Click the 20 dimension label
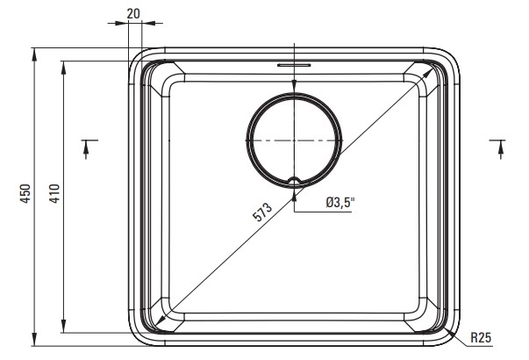[133, 13]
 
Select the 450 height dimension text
[25, 193]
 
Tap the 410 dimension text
[54, 193]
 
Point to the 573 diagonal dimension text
[262, 212]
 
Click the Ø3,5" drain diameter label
[340, 203]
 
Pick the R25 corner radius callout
[481, 337]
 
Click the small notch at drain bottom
[295, 181]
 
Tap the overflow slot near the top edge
[294, 64]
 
